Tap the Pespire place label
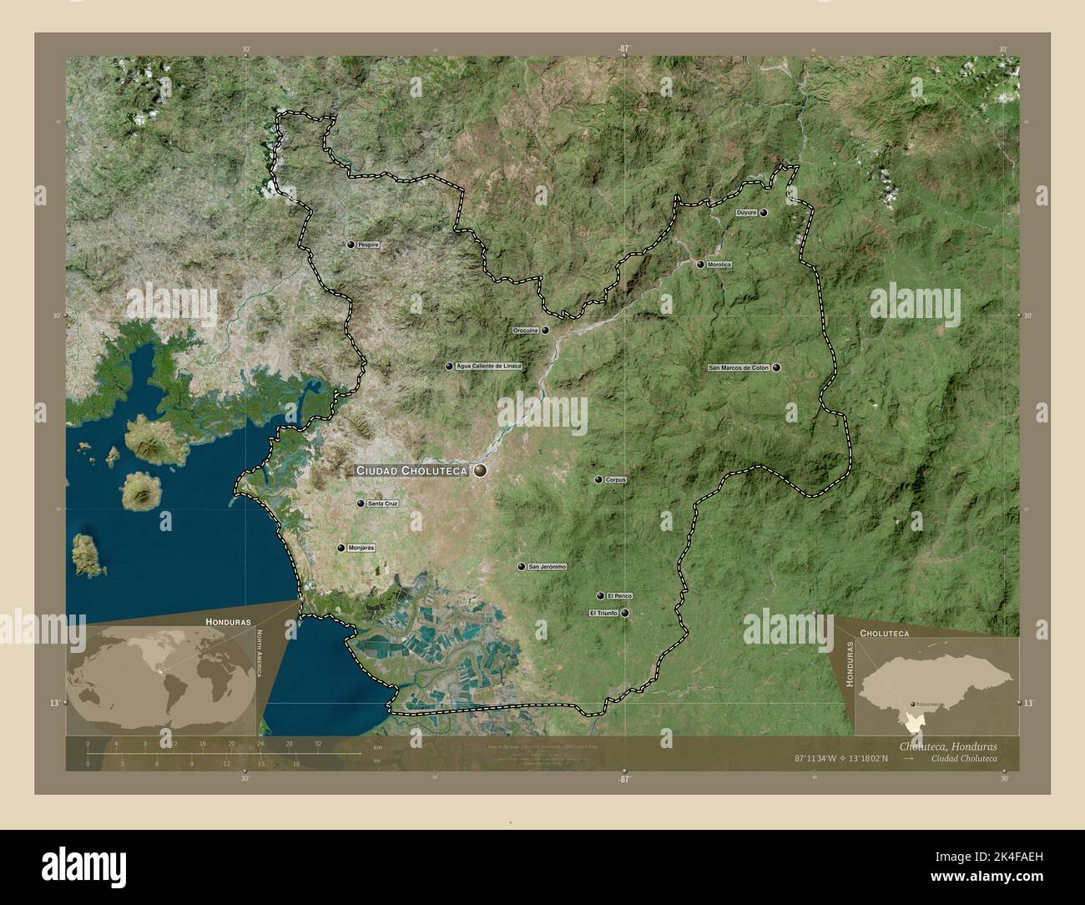[x=368, y=245]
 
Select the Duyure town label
[x=746, y=213]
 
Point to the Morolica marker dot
[x=700, y=265]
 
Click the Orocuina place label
[x=525, y=331]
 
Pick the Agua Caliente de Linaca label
[x=489, y=366]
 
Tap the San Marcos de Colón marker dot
[x=777, y=367]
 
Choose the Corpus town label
[x=616, y=480]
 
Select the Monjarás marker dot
[x=341, y=548]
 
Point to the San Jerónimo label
[x=548, y=567]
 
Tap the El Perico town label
[x=620, y=596]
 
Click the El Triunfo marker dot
[x=624, y=613]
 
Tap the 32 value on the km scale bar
[x=317, y=743]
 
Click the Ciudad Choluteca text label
[x=412, y=471]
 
